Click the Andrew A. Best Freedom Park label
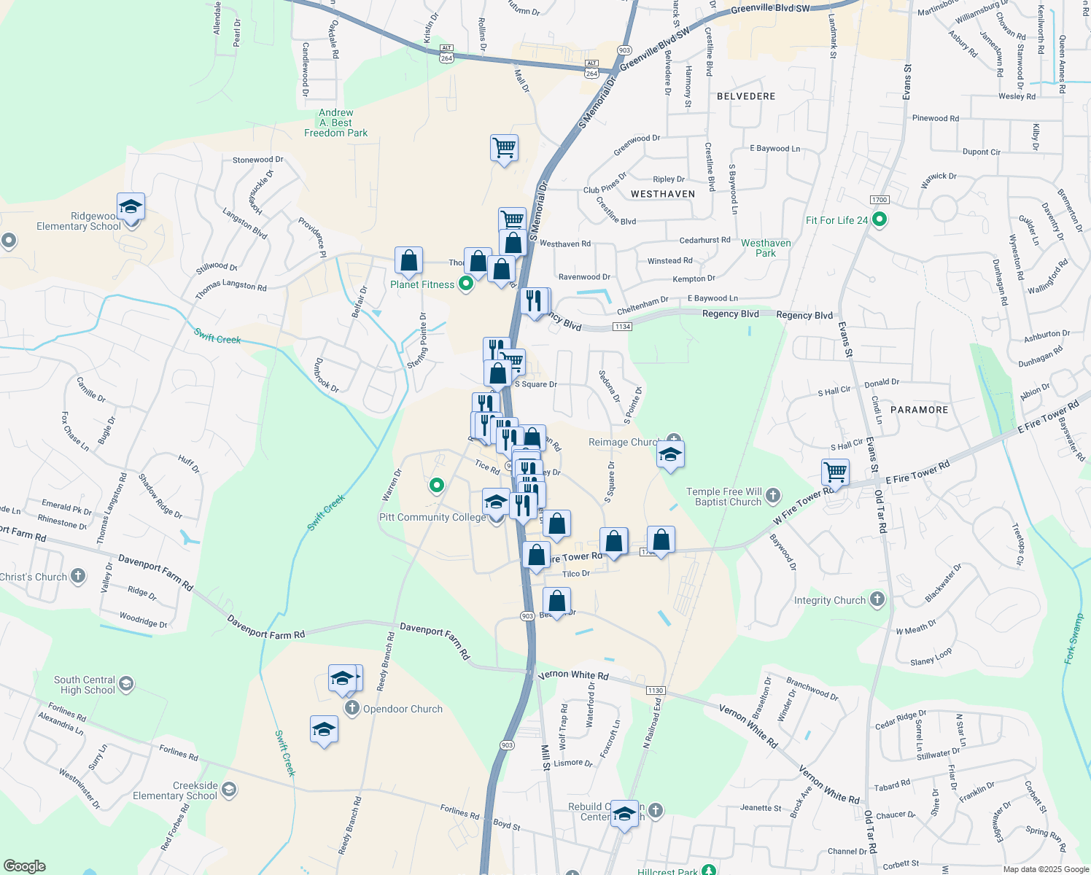(336, 123)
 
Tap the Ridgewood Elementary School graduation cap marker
(131, 206)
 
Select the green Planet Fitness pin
(466, 284)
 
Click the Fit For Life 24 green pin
(880, 219)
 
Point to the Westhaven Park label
(766, 248)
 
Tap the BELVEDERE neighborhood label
(746, 96)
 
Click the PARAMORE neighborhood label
(920, 410)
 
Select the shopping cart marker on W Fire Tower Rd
(835, 472)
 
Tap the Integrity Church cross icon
(877, 600)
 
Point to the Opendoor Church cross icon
(352, 708)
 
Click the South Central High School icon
(126, 684)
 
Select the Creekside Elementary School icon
(229, 790)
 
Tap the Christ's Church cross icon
(78, 577)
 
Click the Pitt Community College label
(432, 517)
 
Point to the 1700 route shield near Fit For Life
(880, 200)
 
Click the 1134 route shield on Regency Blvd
(622, 327)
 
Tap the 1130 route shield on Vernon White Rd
(655, 691)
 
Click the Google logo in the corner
(25, 866)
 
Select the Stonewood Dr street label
(257, 160)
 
